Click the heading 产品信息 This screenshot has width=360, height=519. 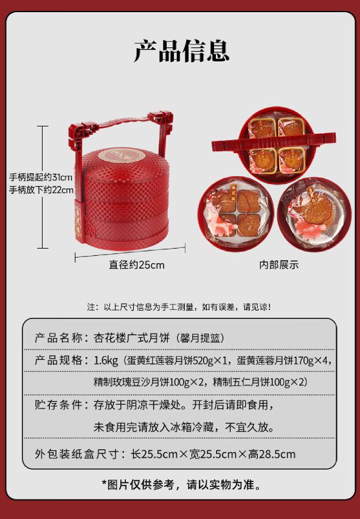pos(182,50)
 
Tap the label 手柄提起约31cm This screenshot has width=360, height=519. pos(41,177)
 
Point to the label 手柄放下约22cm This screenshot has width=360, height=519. pos(41,190)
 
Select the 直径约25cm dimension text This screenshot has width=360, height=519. pos(136,265)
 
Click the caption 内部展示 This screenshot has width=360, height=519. pos(279,264)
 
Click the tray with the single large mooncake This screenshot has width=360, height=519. pos(314,214)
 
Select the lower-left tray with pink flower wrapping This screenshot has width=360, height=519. pos(236,214)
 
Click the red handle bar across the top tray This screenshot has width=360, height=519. pos(274,142)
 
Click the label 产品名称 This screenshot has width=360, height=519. pos(58,338)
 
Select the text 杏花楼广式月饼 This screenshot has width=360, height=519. pos(132,338)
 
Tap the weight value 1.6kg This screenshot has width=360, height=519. pos(106,360)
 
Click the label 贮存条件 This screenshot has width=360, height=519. pos(58,405)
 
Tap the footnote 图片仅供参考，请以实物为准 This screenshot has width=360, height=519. pos(181,485)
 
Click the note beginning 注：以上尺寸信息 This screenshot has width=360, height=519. pos(179,307)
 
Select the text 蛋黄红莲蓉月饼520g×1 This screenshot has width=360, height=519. pos(178,360)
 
